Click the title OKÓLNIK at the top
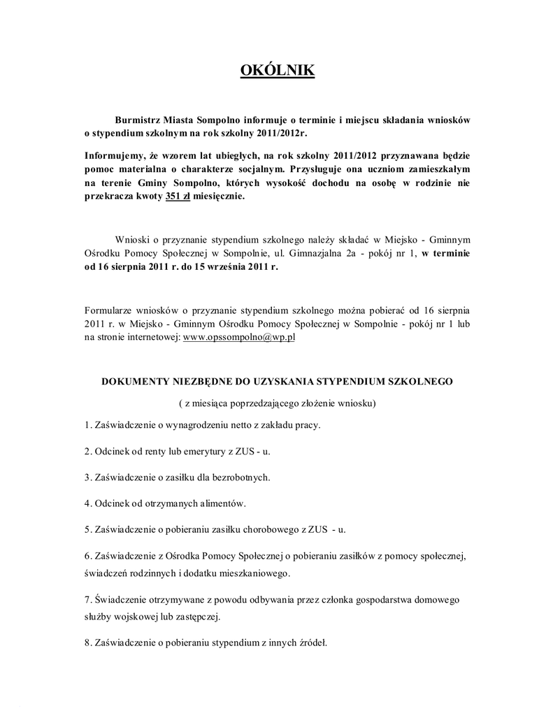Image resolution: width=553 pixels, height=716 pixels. click(277, 71)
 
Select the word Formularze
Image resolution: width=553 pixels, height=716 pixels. click(109, 308)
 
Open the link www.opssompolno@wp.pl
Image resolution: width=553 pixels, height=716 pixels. click(239, 336)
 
